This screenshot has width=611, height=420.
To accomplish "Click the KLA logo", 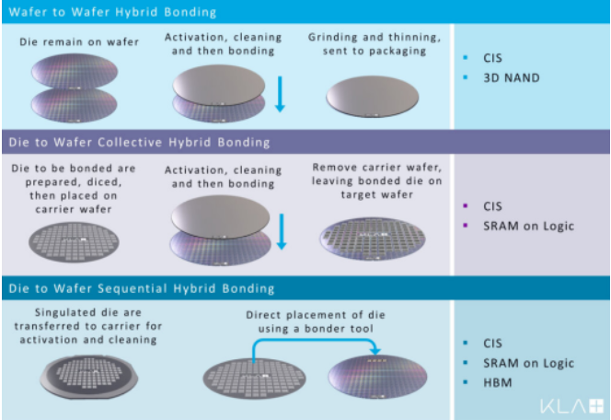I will pyautogui.click(x=570, y=403).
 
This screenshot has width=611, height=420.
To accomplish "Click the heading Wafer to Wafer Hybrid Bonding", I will pyautogui.click(x=111, y=12).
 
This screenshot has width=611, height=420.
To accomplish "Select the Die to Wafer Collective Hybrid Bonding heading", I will pyautogui.click(x=139, y=142).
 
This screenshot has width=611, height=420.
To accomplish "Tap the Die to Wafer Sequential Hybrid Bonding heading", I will pyautogui.click(x=139, y=289).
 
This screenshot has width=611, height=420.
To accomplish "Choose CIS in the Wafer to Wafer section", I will pyautogui.click(x=494, y=57).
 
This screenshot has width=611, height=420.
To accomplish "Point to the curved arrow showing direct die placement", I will pyautogui.click(x=314, y=341).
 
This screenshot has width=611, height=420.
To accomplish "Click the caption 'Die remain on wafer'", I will pyautogui.click(x=73, y=42).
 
